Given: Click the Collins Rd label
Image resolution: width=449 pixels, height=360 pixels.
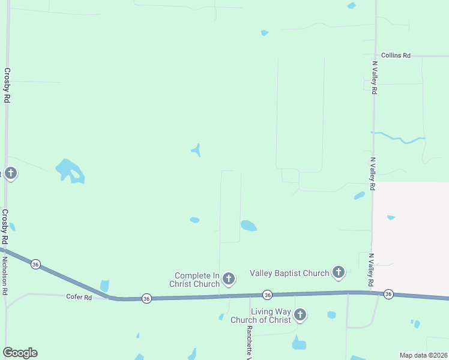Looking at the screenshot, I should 395,55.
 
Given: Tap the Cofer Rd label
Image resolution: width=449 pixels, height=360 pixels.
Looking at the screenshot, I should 79,297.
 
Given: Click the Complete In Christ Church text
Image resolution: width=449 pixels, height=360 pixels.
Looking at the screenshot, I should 194,280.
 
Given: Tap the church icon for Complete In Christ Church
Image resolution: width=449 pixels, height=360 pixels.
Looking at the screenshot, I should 228,278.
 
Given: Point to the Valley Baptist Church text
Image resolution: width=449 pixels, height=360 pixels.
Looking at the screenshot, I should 289,273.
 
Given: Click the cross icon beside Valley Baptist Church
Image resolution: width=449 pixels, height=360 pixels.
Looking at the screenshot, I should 339,273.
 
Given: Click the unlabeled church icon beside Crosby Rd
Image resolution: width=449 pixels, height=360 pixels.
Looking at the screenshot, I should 10,174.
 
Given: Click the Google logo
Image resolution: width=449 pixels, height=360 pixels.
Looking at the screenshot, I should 20,353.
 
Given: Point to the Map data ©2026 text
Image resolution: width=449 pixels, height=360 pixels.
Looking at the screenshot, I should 423,355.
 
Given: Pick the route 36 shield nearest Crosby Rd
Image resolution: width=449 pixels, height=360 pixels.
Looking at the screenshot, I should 36,264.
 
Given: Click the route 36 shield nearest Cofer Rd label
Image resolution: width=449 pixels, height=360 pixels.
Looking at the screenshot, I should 146,298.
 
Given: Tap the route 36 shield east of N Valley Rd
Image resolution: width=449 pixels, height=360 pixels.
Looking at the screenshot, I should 388,294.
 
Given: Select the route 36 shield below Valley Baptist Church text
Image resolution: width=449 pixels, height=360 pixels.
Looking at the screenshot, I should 267,295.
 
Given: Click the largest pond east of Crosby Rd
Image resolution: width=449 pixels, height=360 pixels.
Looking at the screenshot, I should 70,170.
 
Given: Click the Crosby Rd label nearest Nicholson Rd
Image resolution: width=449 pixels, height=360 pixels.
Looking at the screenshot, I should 5,227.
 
